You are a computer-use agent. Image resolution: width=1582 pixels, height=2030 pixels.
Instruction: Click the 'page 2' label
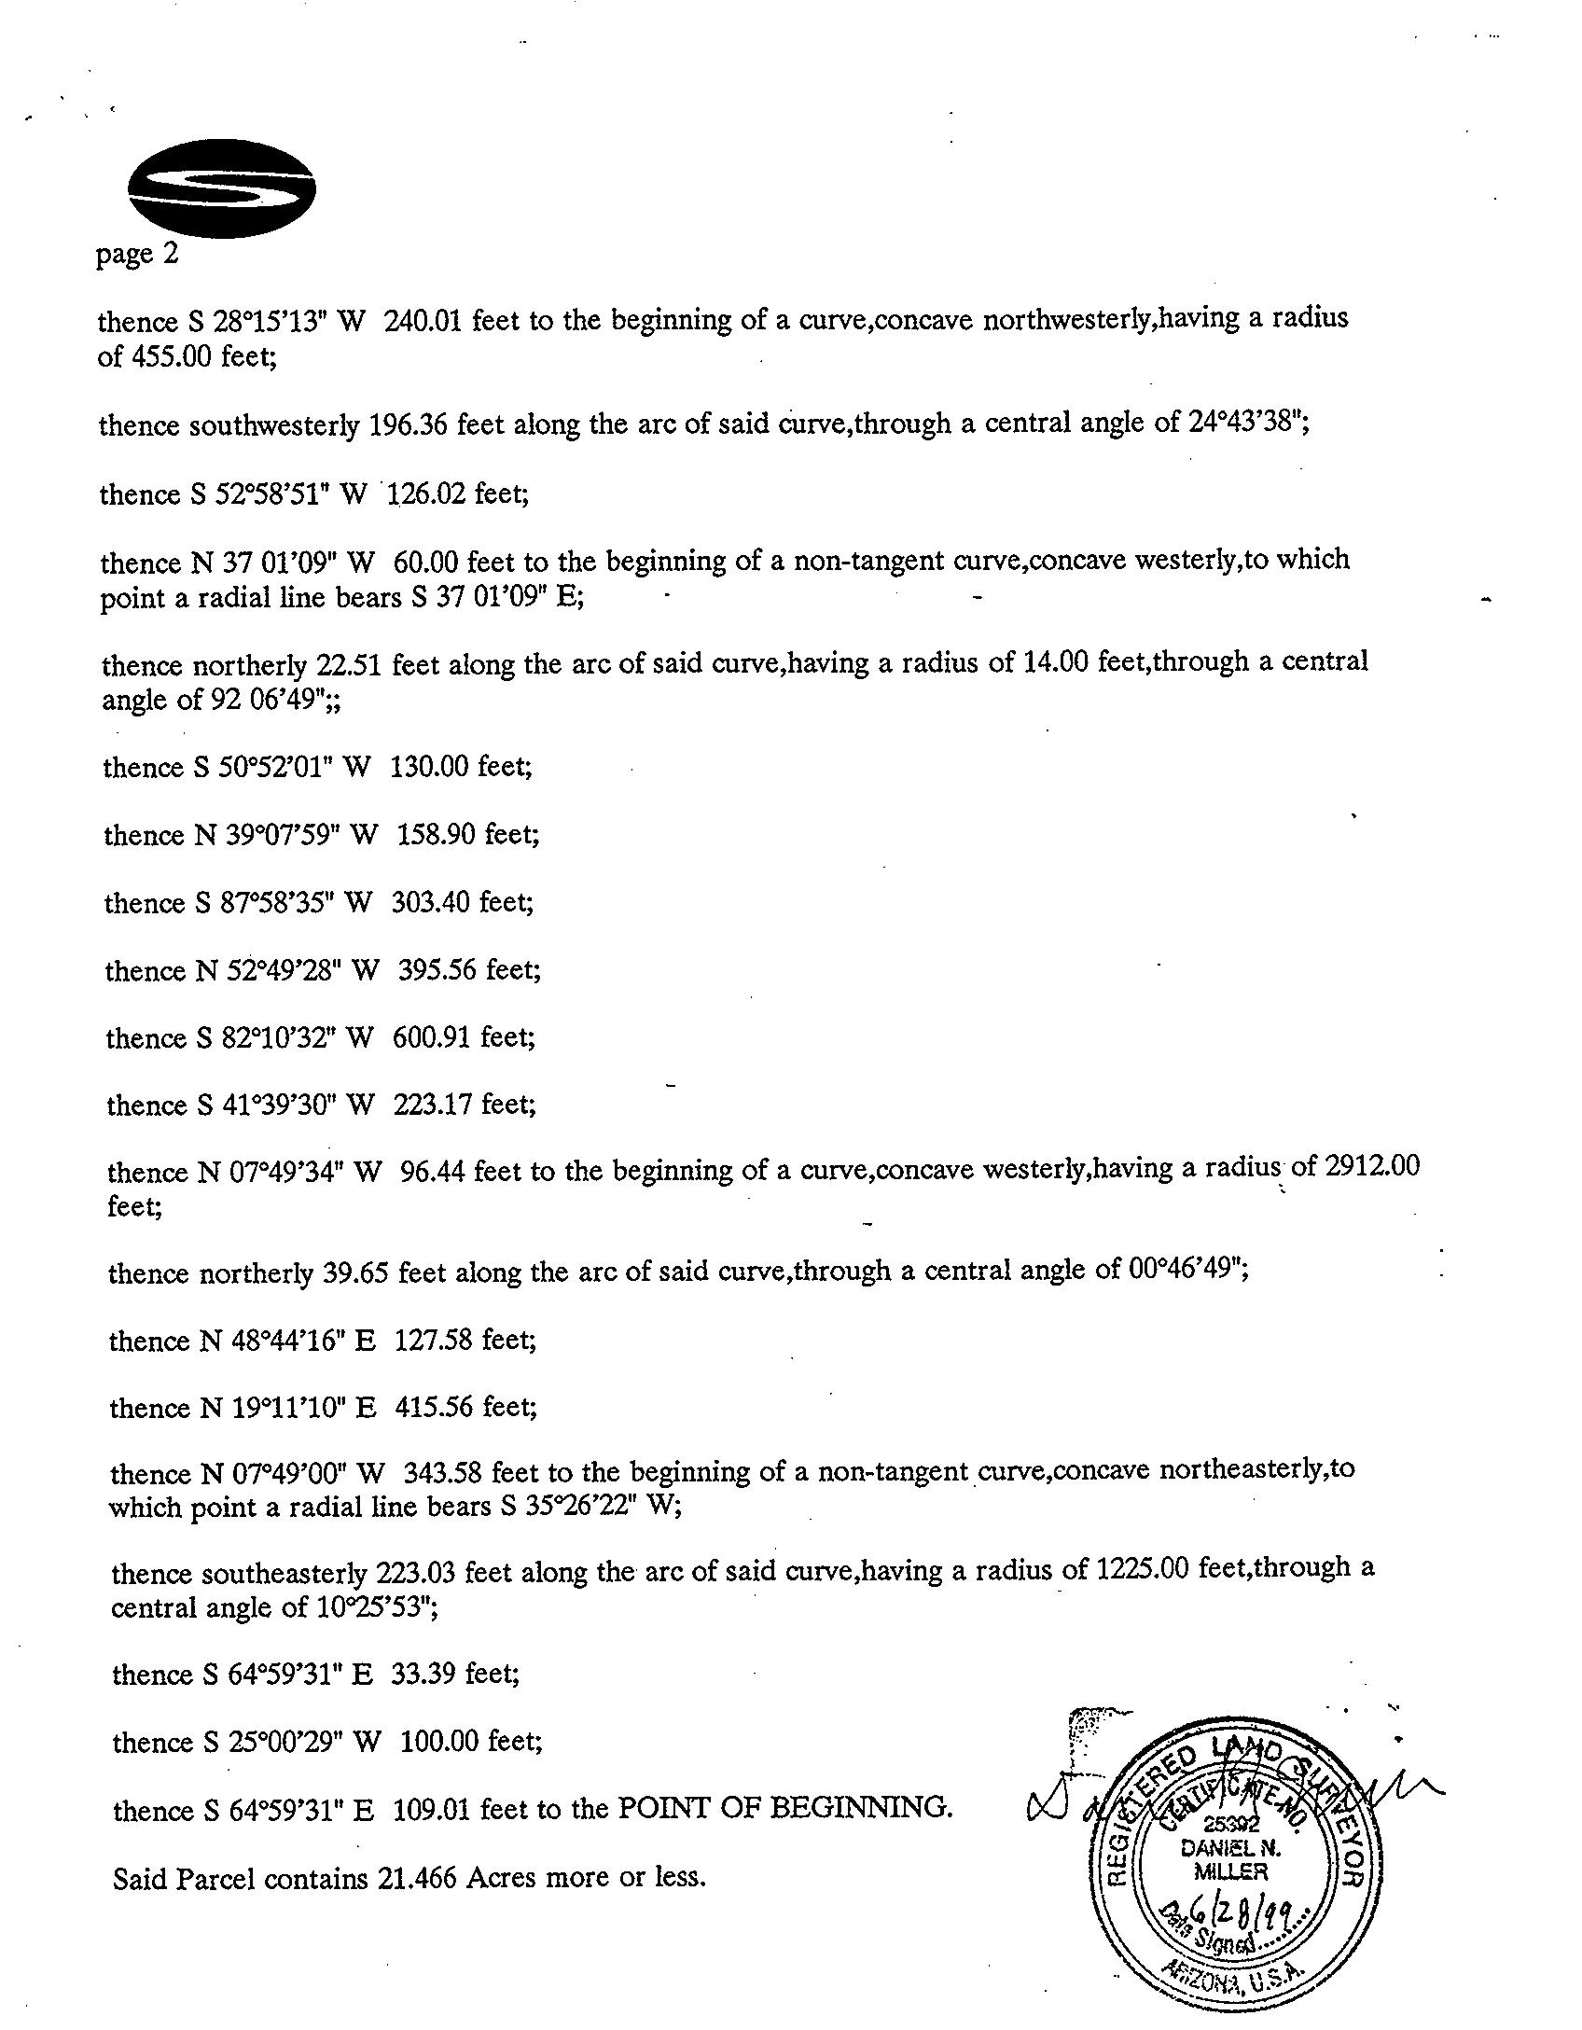pyautogui.click(x=137, y=254)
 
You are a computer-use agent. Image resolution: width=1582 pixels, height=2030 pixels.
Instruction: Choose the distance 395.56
pyautogui.click(x=438, y=971)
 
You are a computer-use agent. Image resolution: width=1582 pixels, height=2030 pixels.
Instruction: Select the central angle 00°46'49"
pyautogui.click(x=1186, y=1271)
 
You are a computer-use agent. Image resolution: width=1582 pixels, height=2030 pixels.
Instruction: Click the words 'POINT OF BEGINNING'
pyautogui.click(x=785, y=1809)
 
